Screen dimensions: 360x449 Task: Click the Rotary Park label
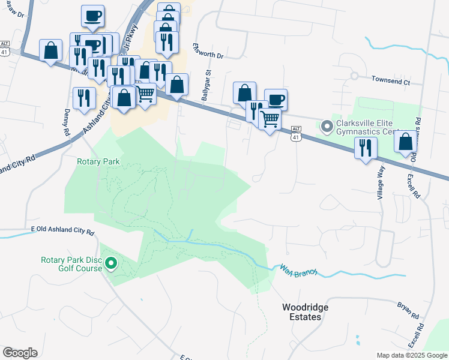pyautogui.click(x=98, y=161)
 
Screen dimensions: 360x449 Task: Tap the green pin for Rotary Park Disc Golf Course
pyautogui.click(x=111, y=263)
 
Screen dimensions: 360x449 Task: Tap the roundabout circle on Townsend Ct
pyautogui.click(x=354, y=76)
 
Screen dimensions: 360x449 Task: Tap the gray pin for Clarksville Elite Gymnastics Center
pyautogui.click(x=327, y=126)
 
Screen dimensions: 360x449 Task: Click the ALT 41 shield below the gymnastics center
pyautogui.click(x=295, y=133)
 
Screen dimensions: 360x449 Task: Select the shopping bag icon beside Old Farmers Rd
pyautogui.click(x=405, y=142)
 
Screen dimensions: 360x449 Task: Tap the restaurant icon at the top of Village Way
pyautogui.click(x=365, y=148)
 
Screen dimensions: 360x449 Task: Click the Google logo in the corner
pyautogui.click(x=20, y=353)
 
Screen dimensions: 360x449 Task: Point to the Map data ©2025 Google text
pyautogui.click(x=411, y=355)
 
